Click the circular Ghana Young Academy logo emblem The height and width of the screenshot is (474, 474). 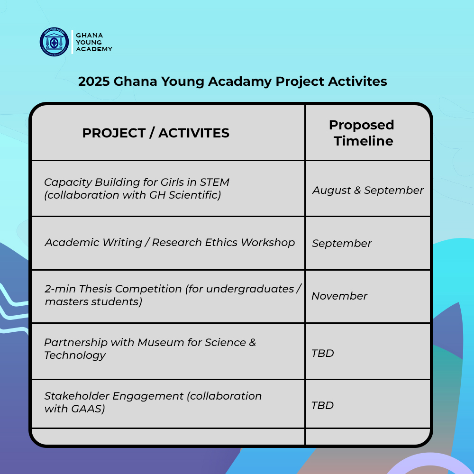(54, 42)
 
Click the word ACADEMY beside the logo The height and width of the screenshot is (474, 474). (94, 49)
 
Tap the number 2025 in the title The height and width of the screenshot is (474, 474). (94, 82)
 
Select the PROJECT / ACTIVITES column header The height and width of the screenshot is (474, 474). (155, 133)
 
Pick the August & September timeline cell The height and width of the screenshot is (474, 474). (368, 190)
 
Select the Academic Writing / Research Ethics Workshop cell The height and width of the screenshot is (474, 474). (170, 242)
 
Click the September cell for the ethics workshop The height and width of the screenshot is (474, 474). (342, 243)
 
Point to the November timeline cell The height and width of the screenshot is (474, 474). (339, 296)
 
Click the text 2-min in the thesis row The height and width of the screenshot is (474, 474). (60, 289)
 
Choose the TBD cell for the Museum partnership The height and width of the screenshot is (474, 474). (323, 353)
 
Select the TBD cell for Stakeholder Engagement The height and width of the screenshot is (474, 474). (323, 405)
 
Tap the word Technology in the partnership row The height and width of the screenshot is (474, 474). (75, 355)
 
